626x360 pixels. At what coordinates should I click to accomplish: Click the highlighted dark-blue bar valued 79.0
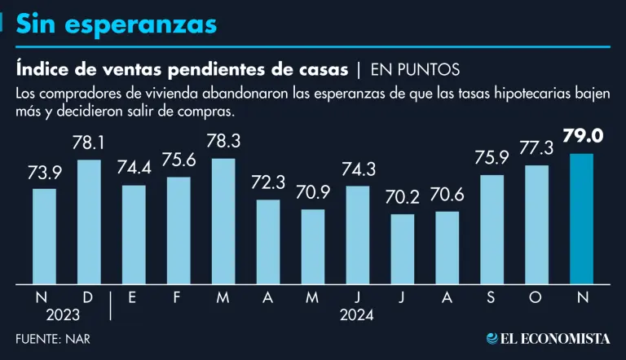pos(581,218)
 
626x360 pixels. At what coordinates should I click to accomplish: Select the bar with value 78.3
pos(223,221)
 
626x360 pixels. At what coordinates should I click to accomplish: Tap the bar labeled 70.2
pos(402,248)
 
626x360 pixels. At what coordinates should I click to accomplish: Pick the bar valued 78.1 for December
pos(89,222)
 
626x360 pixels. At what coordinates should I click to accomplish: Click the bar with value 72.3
pos(268,241)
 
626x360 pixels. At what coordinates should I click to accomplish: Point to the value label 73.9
pos(45,173)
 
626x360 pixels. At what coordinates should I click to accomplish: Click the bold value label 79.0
pos(581,136)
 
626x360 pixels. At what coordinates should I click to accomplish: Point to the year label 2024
pos(357,314)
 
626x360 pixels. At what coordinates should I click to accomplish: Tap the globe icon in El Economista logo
pos(492,338)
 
